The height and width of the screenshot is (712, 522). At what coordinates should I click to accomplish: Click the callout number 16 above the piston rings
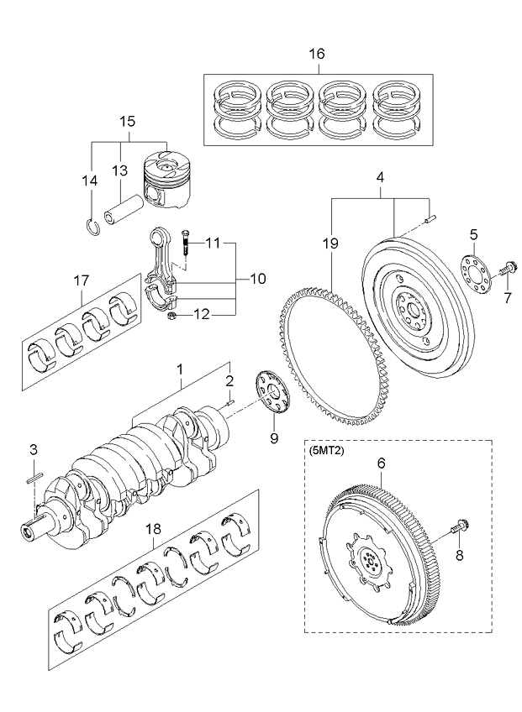[x=317, y=54]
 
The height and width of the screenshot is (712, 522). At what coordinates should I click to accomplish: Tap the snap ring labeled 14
[x=93, y=227]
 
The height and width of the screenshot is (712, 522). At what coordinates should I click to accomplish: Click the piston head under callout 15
[x=166, y=181]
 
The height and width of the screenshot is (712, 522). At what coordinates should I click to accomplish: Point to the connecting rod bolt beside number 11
[x=185, y=242]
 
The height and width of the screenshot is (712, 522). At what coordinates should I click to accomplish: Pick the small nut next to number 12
[x=171, y=317]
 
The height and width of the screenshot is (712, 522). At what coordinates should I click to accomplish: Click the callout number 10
[x=257, y=279]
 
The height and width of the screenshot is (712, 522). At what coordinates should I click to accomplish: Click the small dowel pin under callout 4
[x=431, y=218]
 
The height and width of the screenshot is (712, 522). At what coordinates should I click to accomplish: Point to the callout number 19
[x=331, y=243]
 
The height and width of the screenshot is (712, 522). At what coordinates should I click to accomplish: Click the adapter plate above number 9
[x=272, y=393]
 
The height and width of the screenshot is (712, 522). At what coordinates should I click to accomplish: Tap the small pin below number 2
[x=230, y=401]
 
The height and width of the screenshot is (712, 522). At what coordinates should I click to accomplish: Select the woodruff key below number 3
[x=34, y=479]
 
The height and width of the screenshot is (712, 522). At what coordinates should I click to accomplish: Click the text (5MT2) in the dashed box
[x=325, y=452]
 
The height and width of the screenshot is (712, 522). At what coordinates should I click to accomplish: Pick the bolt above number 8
[x=459, y=529]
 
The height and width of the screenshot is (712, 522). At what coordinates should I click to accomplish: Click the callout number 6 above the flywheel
[x=381, y=463]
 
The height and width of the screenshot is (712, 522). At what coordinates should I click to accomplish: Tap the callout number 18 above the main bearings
[x=153, y=529]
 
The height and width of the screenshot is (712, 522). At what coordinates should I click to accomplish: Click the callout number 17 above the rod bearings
[x=82, y=280]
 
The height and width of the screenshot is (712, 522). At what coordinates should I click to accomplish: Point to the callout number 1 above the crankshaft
[x=180, y=369]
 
